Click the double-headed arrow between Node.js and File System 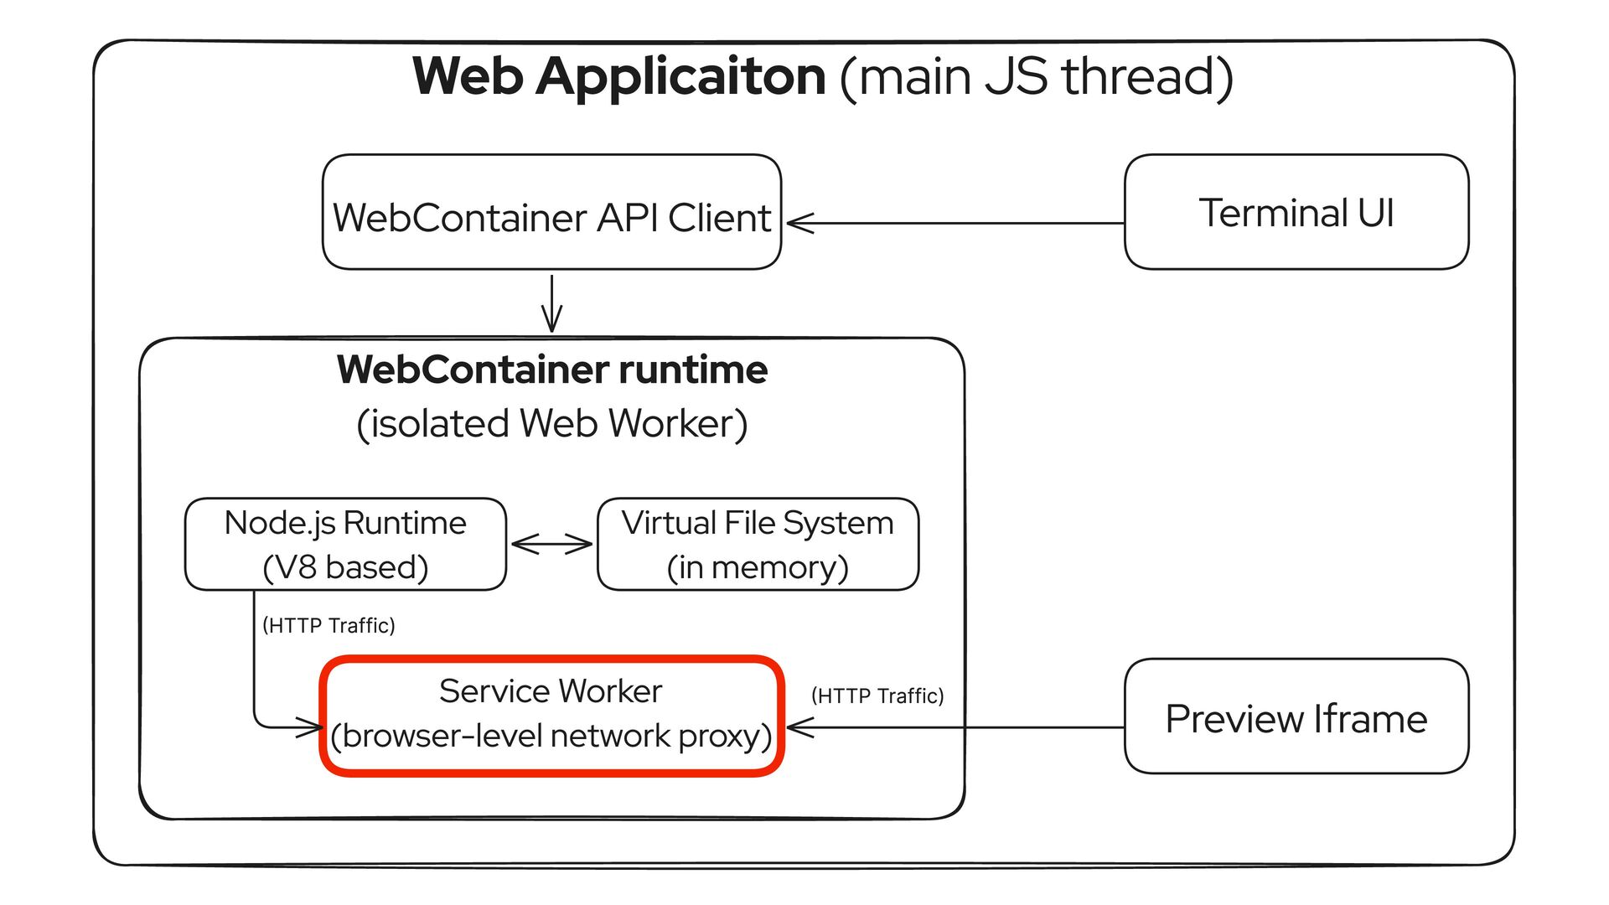coord(551,545)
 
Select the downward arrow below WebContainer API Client coord(551,303)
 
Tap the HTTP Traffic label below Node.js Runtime coord(329,626)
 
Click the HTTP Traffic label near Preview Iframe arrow coord(877,696)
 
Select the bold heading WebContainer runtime coord(551,370)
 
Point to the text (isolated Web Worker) coord(551,424)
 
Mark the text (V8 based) coord(345,568)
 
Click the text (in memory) coord(758,568)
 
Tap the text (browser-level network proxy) coord(551,737)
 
